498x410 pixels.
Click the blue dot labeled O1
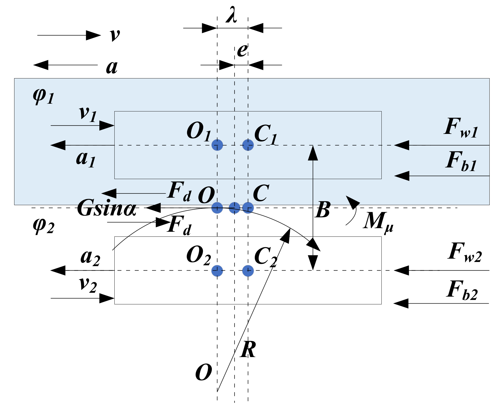(217, 145)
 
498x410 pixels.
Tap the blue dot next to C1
(248, 145)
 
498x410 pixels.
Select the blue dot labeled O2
(217, 271)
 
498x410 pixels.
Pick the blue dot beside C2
(248, 271)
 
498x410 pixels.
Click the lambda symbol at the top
(231, 16)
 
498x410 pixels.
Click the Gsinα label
(107, 208)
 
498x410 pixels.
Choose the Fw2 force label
(464, 253)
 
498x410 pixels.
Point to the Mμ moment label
(378, 222)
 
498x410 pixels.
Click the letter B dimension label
(323, 210)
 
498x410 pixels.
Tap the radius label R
(248, 350)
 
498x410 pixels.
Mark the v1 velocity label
(88, 114)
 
